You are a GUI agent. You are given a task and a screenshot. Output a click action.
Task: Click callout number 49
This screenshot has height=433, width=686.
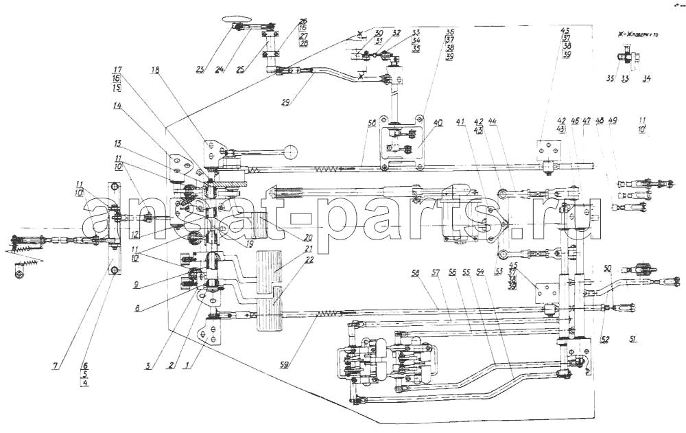pyautogui.click(x=613, y=121)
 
